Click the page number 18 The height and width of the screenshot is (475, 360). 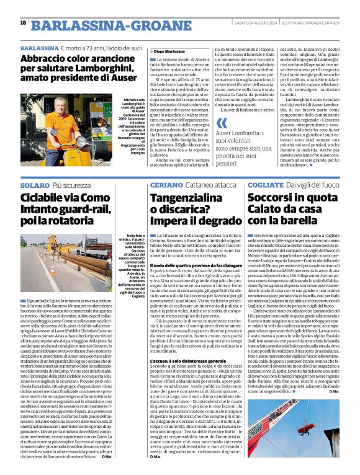24,22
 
